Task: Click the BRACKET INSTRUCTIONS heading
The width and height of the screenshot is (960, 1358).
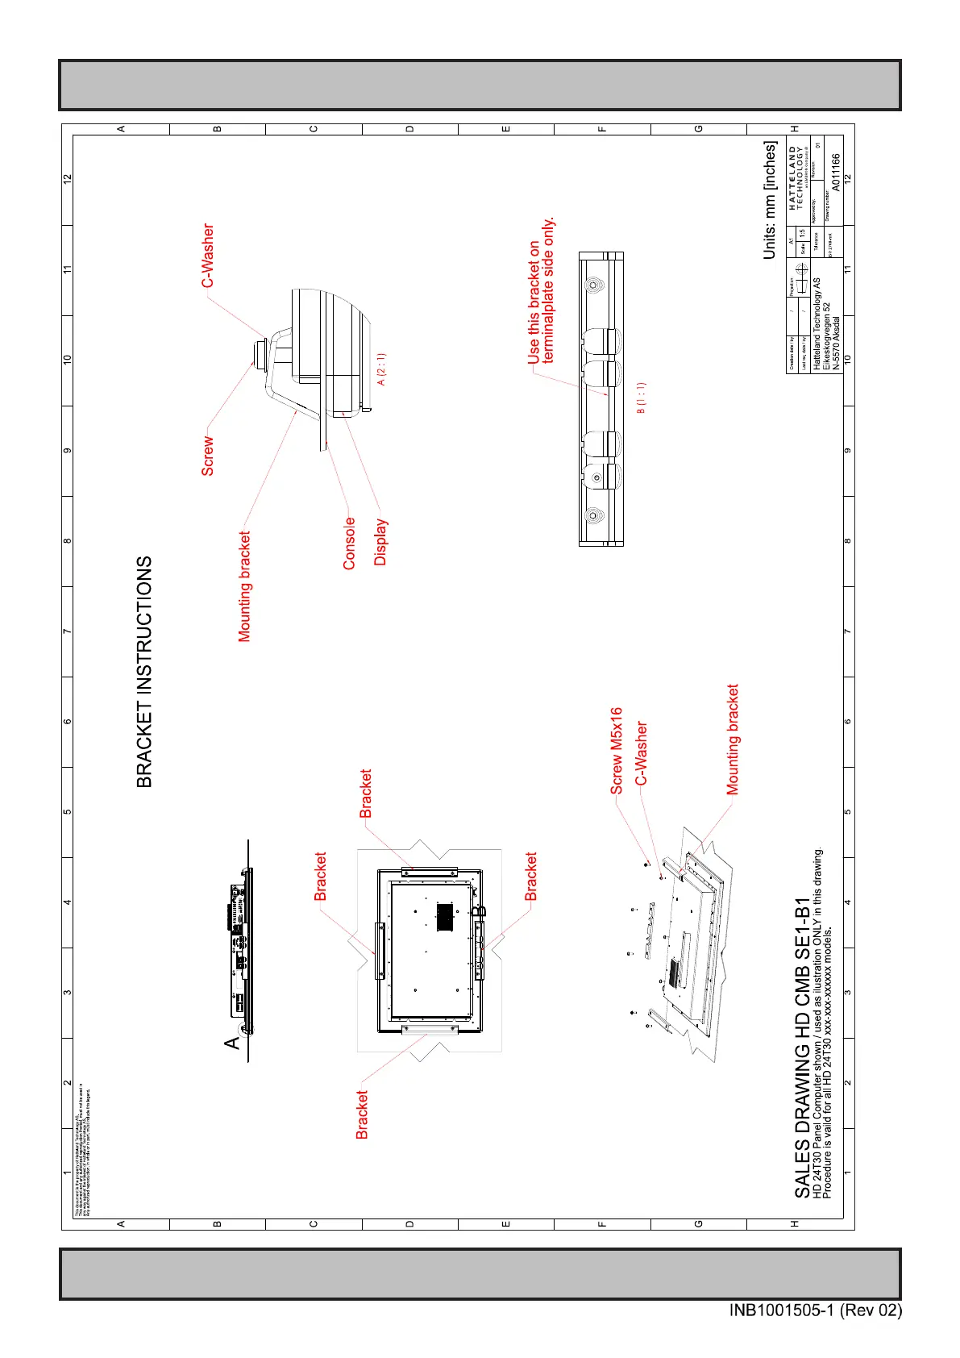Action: click(144, 671)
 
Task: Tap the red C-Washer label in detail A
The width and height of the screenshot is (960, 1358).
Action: click(209, 256)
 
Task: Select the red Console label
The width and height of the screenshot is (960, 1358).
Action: click(349, 544)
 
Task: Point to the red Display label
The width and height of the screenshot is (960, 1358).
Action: click(380, 542)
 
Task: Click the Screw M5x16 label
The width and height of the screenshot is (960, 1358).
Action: click(617, 751)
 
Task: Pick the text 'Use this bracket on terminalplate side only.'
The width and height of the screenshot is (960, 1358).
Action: click(541, 290)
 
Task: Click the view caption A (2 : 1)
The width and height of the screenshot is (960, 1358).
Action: click(382, 369)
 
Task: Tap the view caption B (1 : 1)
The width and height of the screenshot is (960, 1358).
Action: click(642, 398)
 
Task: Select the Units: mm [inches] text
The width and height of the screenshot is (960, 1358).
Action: click(771, 200)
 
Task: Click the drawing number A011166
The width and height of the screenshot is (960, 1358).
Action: click(836, 173)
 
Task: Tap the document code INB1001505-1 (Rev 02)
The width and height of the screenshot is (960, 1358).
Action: click(815, 1310)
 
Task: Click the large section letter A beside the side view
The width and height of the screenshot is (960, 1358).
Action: click(232, 1042)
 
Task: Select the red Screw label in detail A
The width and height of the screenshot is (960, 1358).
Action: click(208, 456)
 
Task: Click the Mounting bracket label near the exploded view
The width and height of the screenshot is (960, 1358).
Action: click(733, 739)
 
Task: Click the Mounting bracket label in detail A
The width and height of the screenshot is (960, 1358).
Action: click(245, 586)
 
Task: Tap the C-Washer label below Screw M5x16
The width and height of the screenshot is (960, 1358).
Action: click(642, 753)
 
